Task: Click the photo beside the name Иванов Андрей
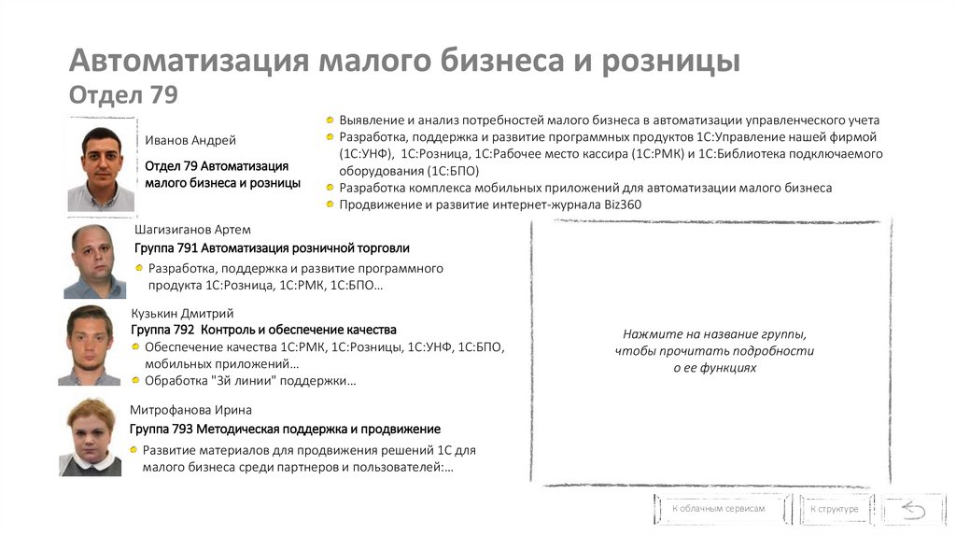coord(101,165)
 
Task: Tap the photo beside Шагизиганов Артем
coord(93,261)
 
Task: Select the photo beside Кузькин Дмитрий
coord(90,344)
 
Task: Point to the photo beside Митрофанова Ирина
coord(91,436)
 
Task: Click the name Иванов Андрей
coord(190,140)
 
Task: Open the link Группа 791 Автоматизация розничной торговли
coord(272,248)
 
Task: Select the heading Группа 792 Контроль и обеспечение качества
coord(263,330)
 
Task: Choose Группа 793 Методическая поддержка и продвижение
coord(285,429)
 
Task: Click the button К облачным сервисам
coord(718,509)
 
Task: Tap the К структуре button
coord(834,510)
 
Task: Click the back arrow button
coord(911,510)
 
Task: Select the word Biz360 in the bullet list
coord(623,205)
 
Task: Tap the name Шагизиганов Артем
coord(192,230)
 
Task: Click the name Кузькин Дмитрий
coord(182,313)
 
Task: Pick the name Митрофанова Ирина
coord(190,410)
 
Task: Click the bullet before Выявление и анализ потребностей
coord(330,120)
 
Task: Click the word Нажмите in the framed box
coord(648,334)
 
